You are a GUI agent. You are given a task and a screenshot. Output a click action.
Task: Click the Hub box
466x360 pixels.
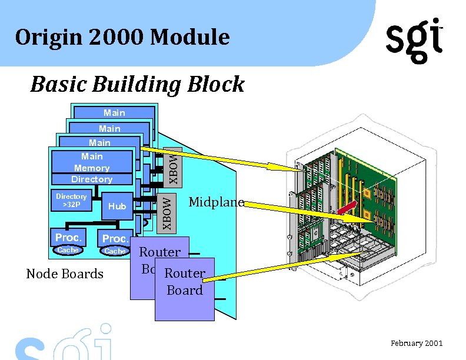coord(117,206)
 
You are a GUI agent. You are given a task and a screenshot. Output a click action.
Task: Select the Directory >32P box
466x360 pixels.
coord(71,201)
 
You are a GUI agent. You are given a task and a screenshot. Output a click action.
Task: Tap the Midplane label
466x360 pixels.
coord(216,202)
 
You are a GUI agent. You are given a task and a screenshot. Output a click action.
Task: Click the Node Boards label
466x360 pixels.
coord(65,274)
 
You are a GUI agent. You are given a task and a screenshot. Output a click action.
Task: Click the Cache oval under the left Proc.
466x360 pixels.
coord(67,250)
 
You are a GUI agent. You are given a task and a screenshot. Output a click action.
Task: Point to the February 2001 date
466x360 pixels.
coord(417,344)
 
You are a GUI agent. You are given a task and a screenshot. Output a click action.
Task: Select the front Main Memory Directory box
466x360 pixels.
coord(92,167)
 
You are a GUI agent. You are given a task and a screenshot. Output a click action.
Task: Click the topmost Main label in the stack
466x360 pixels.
coord(114,112)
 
